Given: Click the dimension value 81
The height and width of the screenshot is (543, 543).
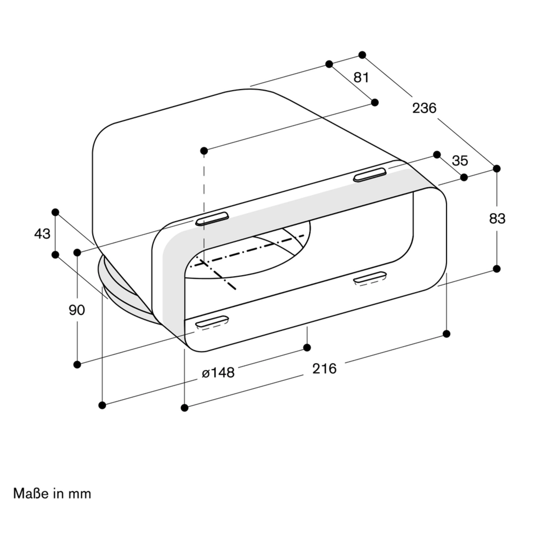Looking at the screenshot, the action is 361,78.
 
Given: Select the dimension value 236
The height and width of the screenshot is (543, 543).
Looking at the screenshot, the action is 424,108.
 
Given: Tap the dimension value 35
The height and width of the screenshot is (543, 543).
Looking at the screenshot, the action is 460,161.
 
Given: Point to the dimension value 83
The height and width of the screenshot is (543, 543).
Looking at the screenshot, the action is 497,219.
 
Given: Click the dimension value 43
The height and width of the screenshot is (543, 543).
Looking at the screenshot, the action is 42,233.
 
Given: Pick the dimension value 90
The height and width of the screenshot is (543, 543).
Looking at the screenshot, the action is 77,310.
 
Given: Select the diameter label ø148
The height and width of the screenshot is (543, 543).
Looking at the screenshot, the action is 218,373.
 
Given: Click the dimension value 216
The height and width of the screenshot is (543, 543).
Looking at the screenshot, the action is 324,369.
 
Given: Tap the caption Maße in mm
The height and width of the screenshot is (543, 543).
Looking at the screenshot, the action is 52,494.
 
